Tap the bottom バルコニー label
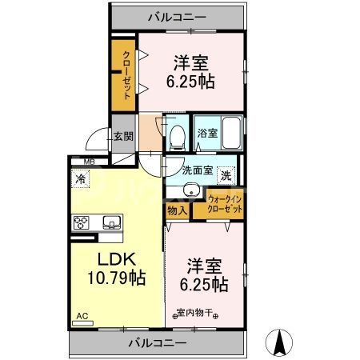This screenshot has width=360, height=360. (x=158, y=342)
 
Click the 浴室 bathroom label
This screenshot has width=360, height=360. (x=206, y=133)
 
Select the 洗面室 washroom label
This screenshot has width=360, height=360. (x=197, y=170)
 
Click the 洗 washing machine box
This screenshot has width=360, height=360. (x=226, y=175)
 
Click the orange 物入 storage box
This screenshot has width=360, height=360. (x=177, y=210)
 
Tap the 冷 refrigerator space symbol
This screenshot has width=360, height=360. (x=81, y=179)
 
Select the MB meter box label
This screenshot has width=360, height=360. (x=78, y=161)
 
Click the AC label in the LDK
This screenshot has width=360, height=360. (x=82, y=317)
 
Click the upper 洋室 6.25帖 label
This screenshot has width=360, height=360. (x=191, y=71)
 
